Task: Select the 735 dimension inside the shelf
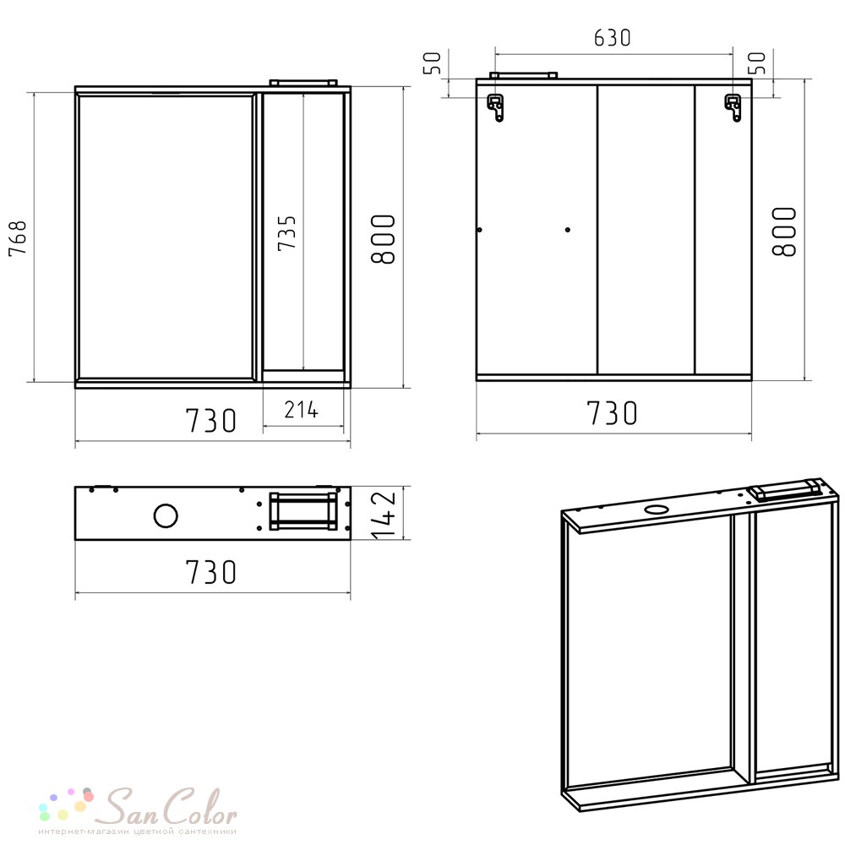coord(286,233)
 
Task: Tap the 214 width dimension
coord(302,410)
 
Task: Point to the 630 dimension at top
coord(612,38)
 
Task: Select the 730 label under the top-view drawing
coord(210,572)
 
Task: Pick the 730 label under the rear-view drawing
coord(612,413)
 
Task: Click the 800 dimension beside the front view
coord(384,239)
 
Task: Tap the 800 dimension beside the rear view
coord(784,232)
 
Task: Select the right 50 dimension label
coord(757,63)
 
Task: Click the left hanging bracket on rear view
coord(496,107)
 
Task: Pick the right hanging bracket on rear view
coord(733,107)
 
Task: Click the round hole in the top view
coord(166,515)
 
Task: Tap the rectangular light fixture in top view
coord(303,511)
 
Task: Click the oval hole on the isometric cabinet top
coord(656,509)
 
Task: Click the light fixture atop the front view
coord(303,82)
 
